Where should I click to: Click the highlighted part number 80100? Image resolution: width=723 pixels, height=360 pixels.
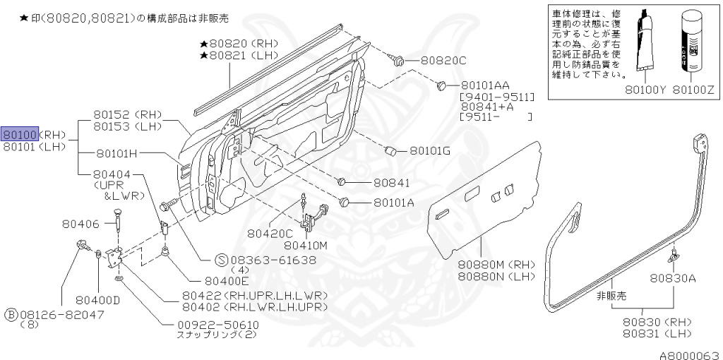(x=19, y=134)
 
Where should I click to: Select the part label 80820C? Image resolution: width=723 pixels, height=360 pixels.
(x=443, y=61)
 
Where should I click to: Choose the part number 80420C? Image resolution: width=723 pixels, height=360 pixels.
(x=270, y=232)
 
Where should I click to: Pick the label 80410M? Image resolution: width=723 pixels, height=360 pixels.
(x=306, y=245)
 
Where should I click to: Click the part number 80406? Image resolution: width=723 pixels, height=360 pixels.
(x=80, y=224)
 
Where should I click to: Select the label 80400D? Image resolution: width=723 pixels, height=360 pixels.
(x=97, y=299)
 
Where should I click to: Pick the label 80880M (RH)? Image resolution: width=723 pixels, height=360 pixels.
(x=487, y=264)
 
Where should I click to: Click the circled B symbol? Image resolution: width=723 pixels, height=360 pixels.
(x=11, y=313)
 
